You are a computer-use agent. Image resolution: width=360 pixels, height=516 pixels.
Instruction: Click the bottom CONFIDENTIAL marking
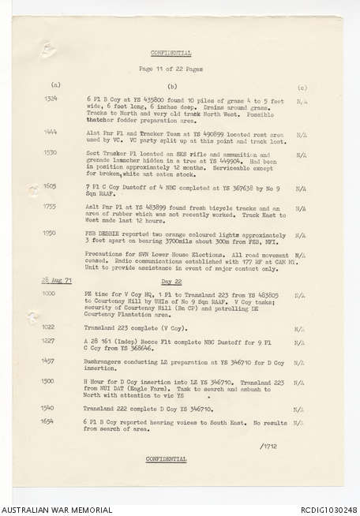pos(167,458)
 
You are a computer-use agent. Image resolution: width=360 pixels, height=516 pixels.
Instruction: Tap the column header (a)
pos(55,84)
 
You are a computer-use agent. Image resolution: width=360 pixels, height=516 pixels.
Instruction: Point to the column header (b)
pos(172,84)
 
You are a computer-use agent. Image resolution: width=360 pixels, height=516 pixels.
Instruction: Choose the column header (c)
pos(302,87)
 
